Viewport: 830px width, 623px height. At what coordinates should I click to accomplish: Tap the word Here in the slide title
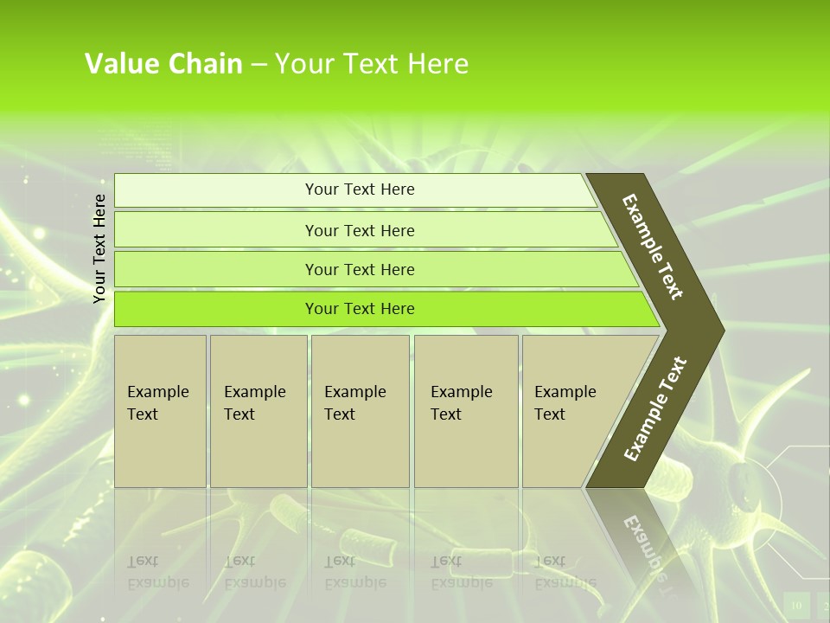437,64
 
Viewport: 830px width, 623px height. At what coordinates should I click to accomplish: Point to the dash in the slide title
259,65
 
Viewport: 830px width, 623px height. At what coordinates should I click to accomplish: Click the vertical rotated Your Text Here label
99,248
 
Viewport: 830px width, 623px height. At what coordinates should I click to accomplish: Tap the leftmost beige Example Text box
160,411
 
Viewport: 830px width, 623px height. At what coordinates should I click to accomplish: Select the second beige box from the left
258,411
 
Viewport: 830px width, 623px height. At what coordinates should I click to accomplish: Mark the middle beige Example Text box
360,411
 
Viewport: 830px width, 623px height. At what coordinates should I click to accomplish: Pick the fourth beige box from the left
466,411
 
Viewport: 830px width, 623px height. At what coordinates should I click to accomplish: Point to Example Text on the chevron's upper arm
653,246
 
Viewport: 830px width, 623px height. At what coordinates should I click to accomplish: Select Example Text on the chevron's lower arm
655,408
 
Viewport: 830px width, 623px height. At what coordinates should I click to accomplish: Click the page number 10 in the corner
796,605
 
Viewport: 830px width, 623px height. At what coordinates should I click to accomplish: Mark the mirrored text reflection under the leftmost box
158,572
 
